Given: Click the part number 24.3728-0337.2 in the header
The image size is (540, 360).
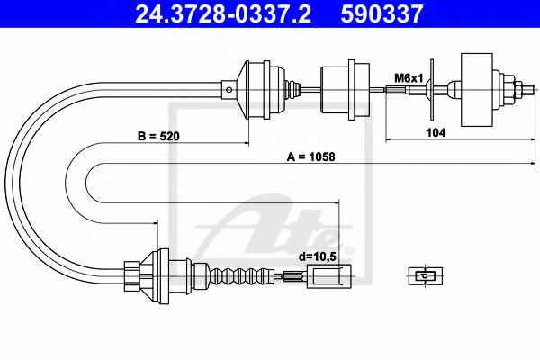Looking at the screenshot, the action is coord(223,13).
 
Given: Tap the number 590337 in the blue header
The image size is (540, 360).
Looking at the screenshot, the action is coord(382,13).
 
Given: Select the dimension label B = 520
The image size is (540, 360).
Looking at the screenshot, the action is coord(158,137).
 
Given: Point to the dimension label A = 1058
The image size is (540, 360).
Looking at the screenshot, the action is coord(310,157).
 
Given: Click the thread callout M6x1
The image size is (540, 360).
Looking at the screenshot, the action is coord(409,78).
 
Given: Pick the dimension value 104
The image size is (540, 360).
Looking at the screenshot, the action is coord(436,132).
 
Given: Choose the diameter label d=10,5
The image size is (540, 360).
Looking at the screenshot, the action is coord(317,256).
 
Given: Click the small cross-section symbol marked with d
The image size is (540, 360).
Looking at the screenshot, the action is coord(426,276).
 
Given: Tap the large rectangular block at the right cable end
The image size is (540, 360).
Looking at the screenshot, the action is coord(477,90).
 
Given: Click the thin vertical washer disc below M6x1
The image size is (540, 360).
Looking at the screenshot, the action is coord(432,90).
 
